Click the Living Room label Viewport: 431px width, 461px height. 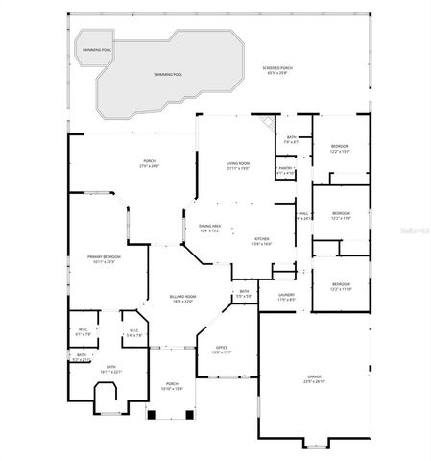(x=238, y=165)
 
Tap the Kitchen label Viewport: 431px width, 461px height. (x=261, y=241)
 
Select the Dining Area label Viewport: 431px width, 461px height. (x=209, y=228)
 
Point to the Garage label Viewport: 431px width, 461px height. (x=314, y=380)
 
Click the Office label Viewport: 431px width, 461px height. (x=221, y=350)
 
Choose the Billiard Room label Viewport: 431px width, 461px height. (x=182, y=299)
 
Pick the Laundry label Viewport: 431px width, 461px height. (x=286, y=297)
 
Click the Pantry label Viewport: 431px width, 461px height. (x=285, y=171)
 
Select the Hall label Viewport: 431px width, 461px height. (x=303, y=215)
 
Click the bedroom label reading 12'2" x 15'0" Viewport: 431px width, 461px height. (x=340, y=148)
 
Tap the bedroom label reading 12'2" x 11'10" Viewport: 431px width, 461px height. (x=341, y=286)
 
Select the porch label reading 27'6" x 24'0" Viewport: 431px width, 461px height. (x=149, y=163)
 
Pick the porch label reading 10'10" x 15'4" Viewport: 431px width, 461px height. (x=171, y=386)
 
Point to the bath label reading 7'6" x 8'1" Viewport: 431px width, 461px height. (x=292, y=140)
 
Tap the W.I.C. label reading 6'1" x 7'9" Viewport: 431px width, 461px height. (x=84, y=333)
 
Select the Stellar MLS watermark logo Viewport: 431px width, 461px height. (x=406, y=230)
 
